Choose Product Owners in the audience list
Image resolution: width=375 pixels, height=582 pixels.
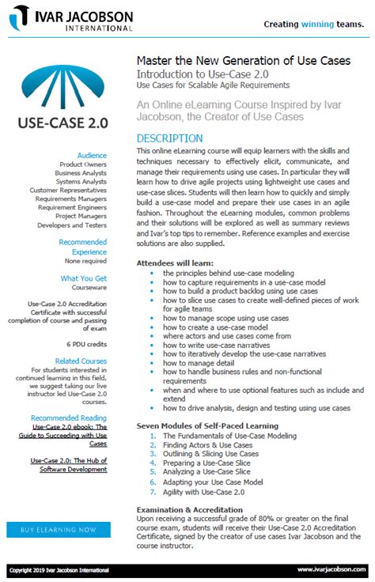pyautogui.click(x=83, y=164)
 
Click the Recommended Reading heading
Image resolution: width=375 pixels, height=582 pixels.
pyautogui.click(x=69, y=418)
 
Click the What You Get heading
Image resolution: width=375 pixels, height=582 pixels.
pyautogui.click(x=84, y=278)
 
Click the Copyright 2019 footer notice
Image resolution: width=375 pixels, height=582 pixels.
pyautogui.click(x=58, y=569)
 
